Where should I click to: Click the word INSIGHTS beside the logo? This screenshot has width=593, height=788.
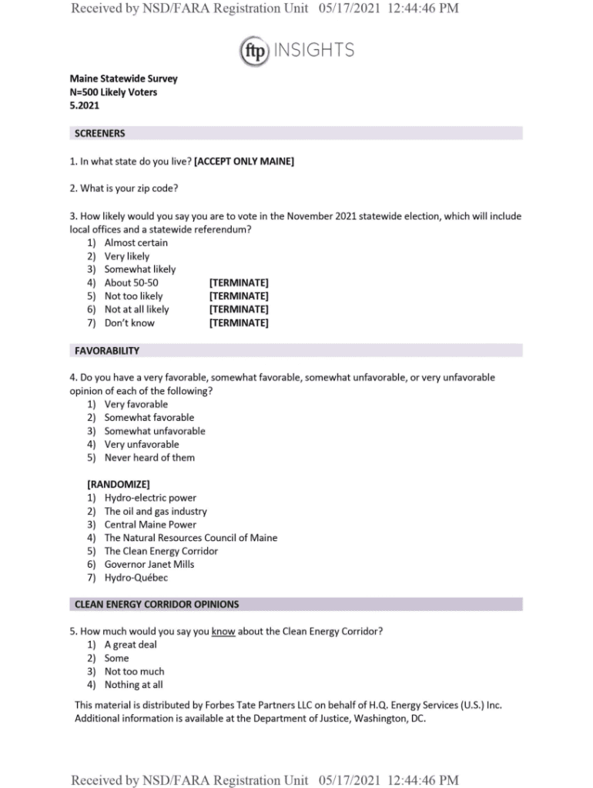click(x=313, y=51)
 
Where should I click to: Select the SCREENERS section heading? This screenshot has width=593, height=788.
click(x=99, y=133)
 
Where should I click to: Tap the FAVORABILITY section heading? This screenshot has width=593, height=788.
click(x=107, y=351)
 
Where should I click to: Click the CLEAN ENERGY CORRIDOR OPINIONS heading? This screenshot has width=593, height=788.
click(x=156, y=604)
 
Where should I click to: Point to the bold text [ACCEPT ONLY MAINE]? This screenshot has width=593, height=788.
click(x=244, y=162)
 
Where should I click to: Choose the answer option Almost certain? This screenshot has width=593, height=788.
click(x=136, y=242)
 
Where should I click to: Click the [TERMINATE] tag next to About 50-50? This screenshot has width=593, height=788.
click(x=239, y=282)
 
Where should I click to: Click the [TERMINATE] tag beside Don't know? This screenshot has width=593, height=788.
click(x=239, y=323)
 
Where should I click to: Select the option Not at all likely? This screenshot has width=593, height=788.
click(x=136, y=309)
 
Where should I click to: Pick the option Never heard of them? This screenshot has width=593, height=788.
click(x=149, y=457)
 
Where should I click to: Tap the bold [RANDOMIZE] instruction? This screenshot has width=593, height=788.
click(x=118, y=484)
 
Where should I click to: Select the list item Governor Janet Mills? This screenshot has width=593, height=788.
click(x=149, y=564)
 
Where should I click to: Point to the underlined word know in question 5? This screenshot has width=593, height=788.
click(x=223, y=632)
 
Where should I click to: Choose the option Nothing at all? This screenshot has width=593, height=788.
click(x=133, y=685)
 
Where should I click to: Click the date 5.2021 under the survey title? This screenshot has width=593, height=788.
click(x=84, y=105)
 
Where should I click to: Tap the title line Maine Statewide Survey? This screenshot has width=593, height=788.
click(x=123, y=78)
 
